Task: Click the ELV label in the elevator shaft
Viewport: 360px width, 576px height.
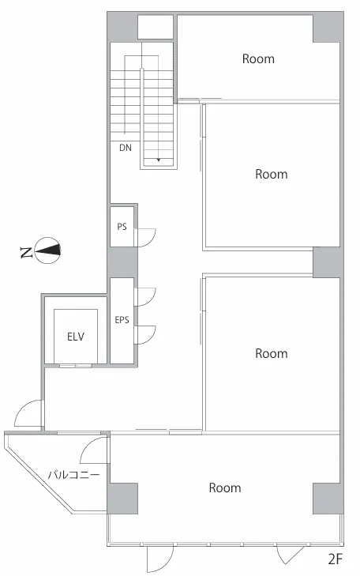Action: (76, 336)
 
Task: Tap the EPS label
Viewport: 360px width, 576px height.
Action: (122, 320)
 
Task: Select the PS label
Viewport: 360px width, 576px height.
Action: (122, 227)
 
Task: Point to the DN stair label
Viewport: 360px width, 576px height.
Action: (126, 148)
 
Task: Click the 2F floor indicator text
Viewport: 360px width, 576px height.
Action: (335, 559)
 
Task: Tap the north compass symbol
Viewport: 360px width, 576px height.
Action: (47, 250)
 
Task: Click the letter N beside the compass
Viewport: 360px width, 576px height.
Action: (26, 252)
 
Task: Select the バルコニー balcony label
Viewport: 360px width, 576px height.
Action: (73, 476)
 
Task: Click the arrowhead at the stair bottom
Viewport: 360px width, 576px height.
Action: (159, 160)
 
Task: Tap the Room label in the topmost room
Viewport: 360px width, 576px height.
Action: (258, 58)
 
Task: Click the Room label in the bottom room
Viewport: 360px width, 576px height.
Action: (225, 488)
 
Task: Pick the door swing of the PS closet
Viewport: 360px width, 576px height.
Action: (146, 237)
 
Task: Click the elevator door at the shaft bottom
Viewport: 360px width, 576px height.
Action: (76, 366)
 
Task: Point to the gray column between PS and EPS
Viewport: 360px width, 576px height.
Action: (122, 262)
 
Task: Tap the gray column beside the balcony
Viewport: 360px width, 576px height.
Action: (122, 499)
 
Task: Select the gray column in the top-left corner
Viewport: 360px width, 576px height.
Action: (122, 27)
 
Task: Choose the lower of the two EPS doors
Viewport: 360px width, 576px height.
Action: (145, 335)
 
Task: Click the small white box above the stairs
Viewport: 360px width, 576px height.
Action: (156, 27)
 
